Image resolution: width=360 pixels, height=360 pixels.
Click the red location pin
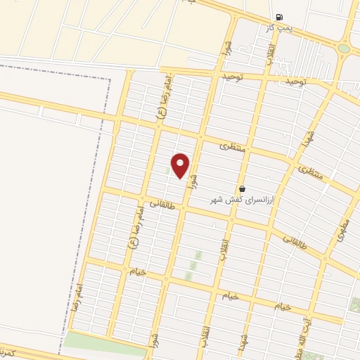coord(181,165)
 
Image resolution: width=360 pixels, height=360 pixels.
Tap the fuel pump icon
coord(280,17)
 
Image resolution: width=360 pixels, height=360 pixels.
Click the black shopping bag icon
coord(243,189)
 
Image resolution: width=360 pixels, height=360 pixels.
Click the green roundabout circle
coord(343,49)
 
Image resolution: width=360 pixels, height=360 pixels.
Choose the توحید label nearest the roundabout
coord(296,82)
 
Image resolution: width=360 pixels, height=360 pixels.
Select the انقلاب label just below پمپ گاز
coord(270,54)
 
